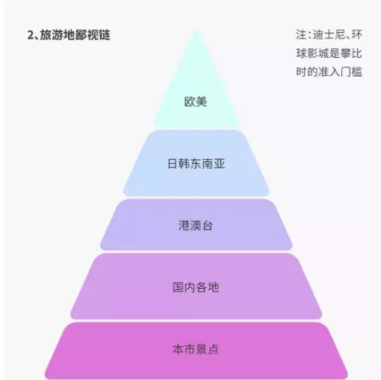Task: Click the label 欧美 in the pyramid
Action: [195, 101]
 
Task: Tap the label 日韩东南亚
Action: [196, 164]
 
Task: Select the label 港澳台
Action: [196, 226]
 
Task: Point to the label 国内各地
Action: [196, 287]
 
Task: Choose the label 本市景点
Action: [196, 350]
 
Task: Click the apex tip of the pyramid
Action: [196, 29]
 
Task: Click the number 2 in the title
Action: [30, 35]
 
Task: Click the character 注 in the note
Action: [301, 35]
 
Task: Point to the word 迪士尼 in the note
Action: [329, 35]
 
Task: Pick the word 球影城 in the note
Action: [313, 53]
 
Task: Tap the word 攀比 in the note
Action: [352, 53]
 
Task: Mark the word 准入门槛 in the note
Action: [340, 72]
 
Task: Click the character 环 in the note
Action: [357, 35]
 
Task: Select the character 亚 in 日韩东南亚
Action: [220, 164]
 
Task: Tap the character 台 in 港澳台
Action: [208, 226]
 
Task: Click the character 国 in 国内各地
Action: [178, 287]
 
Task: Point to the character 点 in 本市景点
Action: [213, 350]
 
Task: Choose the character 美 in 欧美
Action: [202, 101]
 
